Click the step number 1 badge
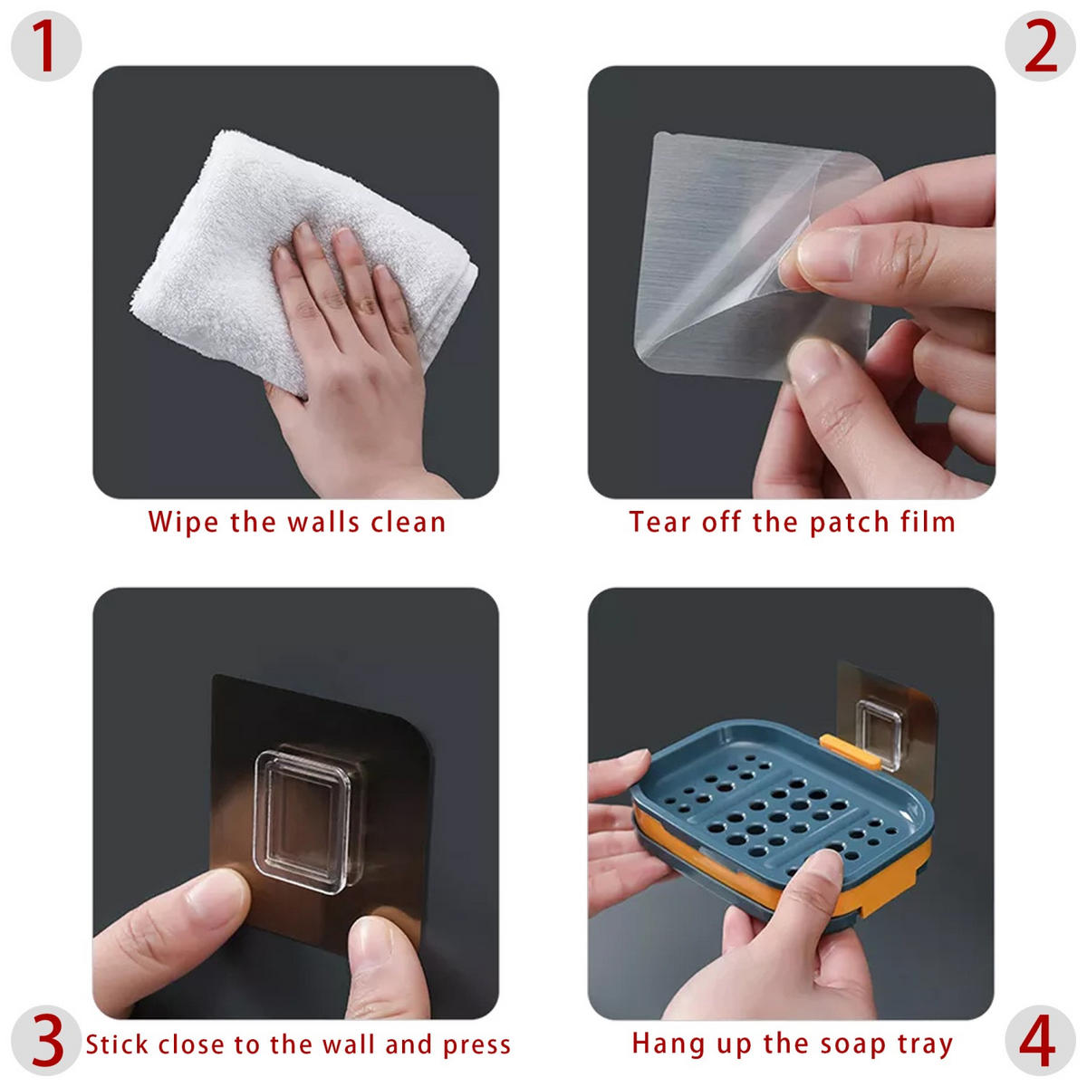(x=46, y=46)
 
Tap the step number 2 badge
(x=1040, y=46)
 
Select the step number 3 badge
(x=46, y=1040)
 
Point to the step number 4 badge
(x=1040, y=1040)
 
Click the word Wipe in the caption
(x=183, y=523)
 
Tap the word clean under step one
(x=408, y=522)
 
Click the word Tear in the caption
(x=659, y=522)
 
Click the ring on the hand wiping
(x=367, y=305)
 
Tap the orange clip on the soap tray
(x=850, y=751)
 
